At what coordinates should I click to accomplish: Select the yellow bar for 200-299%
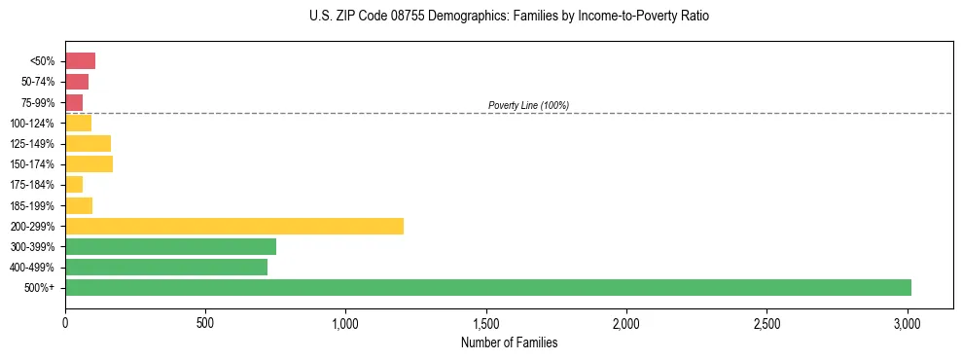click(234, 226)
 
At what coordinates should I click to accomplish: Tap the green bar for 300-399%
click(170, 246)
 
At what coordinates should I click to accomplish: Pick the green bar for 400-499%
click(166, 267)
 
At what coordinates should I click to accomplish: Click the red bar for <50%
click(80, 60)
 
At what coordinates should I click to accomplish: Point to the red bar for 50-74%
click(77, 82)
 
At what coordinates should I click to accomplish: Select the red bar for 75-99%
click(74, 102)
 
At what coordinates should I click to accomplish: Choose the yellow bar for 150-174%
click(89, 163)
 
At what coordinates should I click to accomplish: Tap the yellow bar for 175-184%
click(74, 184)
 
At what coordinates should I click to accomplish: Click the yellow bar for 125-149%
click(88, 143)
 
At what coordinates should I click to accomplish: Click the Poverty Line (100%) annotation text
click(528, 105)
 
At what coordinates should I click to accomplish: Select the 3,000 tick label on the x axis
click(908, 322)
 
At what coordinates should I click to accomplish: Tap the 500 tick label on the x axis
click(205, 322)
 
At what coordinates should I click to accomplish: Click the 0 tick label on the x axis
click(65, 322)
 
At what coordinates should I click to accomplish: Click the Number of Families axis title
click(509, 342)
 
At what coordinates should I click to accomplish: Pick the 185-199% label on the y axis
click(32, 205)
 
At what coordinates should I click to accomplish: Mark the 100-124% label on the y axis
click(32, 123)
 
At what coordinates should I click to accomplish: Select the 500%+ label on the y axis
click(39, 287)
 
